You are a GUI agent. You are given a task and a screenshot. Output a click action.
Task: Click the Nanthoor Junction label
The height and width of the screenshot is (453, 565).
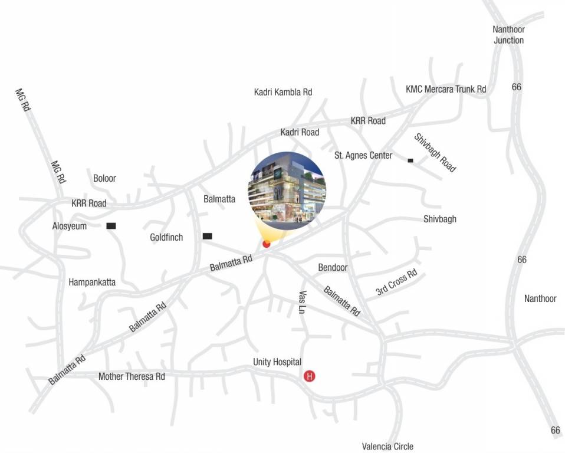pyautogui.click(x=508, y=35)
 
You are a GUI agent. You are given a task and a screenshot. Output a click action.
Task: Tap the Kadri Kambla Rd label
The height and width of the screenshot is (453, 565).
pyautogui.click(x=282, y=92)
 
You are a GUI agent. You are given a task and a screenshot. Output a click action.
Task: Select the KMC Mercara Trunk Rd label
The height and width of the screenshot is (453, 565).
pyautogui.click(x=446, y=89)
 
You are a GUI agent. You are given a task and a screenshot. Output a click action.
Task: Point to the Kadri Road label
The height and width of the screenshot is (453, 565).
pyautogui.click(x=300, y=132)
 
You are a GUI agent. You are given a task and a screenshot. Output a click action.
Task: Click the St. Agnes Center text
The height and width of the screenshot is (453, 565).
pyautogui.click(x=363, y=156)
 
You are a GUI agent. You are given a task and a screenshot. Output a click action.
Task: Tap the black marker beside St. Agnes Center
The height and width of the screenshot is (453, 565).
pyautogui.click(x=410, y=160)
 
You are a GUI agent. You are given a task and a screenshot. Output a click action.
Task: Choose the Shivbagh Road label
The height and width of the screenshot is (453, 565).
pyautogui.click(x=435, y=153)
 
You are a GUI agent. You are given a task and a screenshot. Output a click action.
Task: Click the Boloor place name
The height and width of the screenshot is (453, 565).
pyautogui.click(x=104, y=178)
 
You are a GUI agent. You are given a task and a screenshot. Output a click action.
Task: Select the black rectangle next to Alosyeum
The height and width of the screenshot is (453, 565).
pyautogui.click(x=110, y=226)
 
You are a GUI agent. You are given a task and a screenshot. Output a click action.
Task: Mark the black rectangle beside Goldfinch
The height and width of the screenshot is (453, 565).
pyautogui.click(x=207, y=237)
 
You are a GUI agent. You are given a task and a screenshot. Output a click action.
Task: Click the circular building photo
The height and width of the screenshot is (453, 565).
pyautogui.click(x=287, y=190)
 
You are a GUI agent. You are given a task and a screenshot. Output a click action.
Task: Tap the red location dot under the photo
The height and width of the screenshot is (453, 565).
pyautogui.click(x=266, y=244)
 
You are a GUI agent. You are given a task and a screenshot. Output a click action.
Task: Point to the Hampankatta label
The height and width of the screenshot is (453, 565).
pyautogui.click(x=92, y=282)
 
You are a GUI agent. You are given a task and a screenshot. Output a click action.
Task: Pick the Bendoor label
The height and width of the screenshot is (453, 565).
pyautogui.click(x=333, y=267)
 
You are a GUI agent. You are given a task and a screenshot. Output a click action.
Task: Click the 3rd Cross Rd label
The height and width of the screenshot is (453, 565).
pyautogui.click(x=396, y=283)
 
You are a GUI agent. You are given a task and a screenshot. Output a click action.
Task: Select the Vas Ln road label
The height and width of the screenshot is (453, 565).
pyautogui.click(x=302, y=302)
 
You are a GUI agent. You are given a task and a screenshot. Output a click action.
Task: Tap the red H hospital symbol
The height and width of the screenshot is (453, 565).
pyautogui.click(x=309, y=376)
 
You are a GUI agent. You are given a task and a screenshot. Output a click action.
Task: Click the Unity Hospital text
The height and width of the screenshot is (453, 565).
pyautogui.click(x=277, y=362)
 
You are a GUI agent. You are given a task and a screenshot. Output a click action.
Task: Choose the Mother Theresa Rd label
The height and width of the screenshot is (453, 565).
pyautogui.click(x=132, y=376)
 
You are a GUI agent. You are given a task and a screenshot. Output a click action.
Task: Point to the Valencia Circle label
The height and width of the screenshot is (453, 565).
pyautogui.click(x=387, y=447)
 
